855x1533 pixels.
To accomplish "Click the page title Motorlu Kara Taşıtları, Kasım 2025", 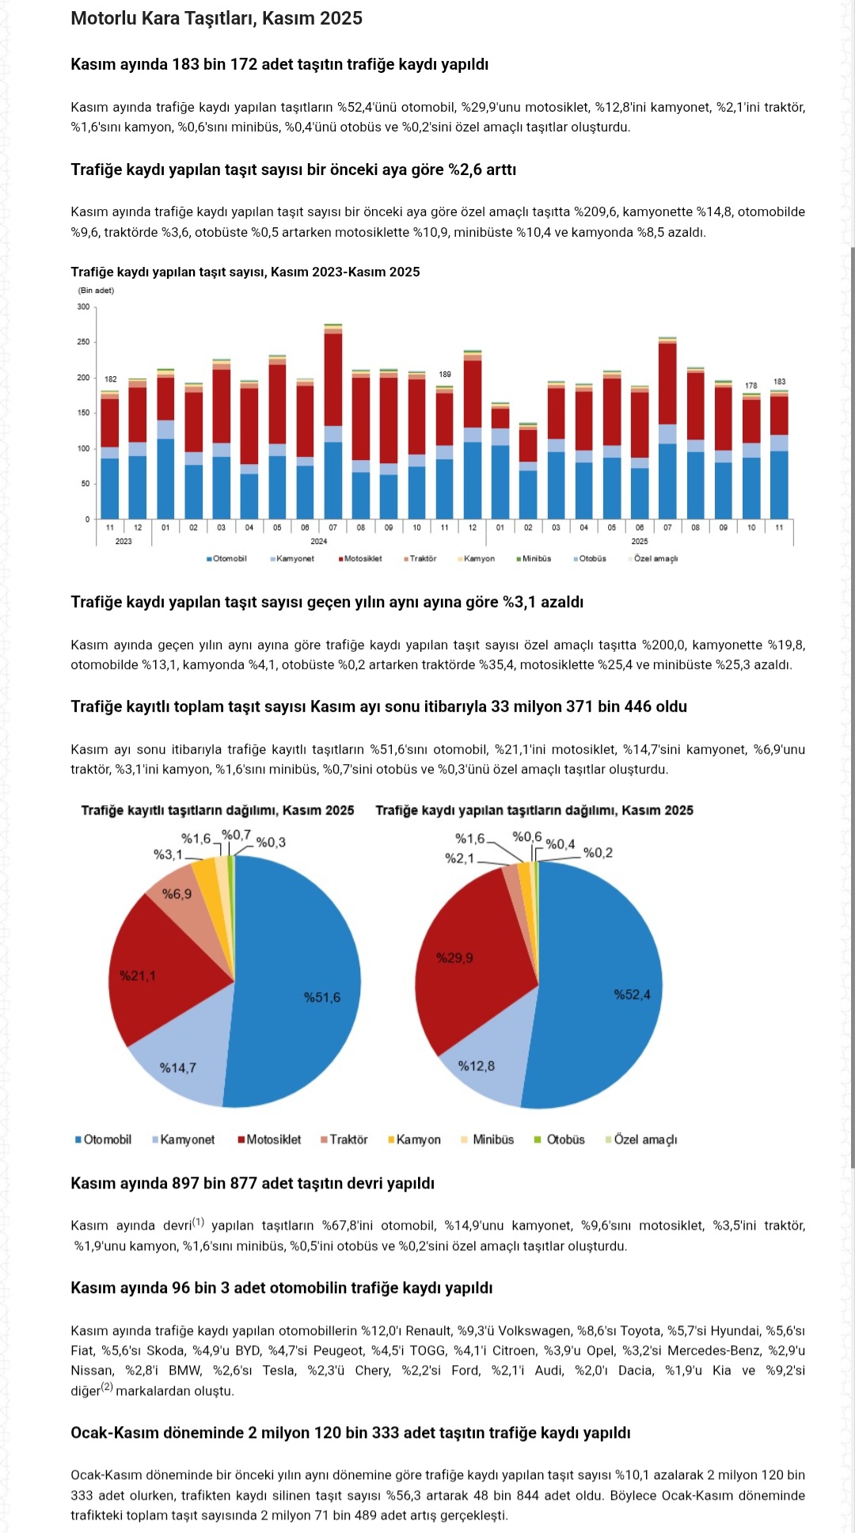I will pos(216,18).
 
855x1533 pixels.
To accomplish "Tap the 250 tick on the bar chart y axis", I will pos(83,342).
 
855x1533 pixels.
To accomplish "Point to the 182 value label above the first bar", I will pos(110,379).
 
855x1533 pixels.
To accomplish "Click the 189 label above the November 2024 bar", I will pos(445,374).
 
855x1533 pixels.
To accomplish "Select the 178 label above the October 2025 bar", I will pos(750,386).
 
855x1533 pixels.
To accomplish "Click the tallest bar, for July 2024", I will pos(333,420).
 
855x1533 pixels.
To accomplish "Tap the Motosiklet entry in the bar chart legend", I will pos(363,559).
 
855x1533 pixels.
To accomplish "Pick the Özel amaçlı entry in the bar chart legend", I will pos(655,559).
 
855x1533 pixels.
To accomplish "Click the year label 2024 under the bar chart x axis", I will pos(319,542).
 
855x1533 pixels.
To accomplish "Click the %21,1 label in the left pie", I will pos(138,976).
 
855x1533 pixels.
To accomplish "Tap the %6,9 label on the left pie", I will pos(177,894).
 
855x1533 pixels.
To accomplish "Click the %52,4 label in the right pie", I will pos(632,995).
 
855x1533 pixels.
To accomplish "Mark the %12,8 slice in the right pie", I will pos(477,1066).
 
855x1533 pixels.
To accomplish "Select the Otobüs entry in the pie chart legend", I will pos(565,1139).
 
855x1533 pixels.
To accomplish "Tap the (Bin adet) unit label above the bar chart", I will pos(96,291).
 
